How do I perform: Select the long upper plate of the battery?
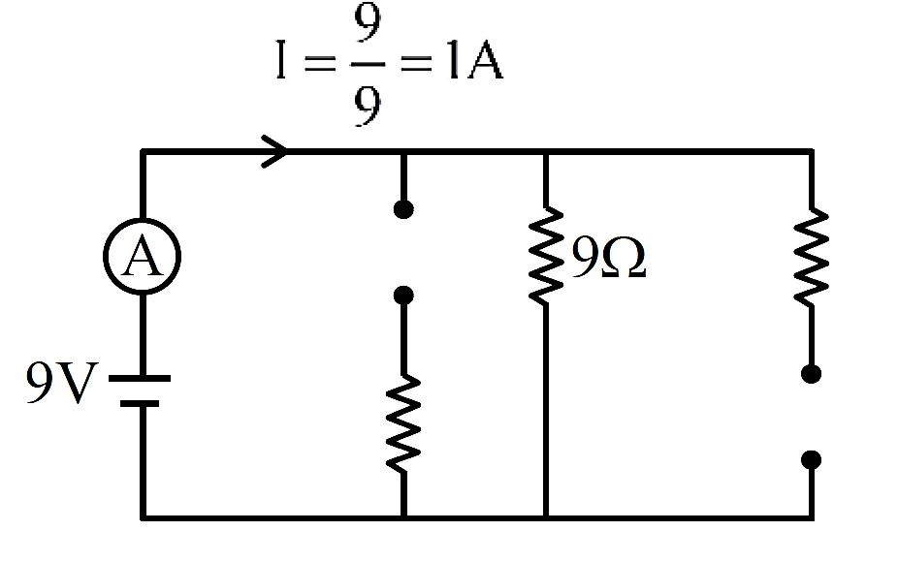coord(140,378)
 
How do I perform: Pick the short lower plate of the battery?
coord(140,403)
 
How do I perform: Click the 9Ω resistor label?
coord(609,258)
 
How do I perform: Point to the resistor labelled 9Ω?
coord(546,256)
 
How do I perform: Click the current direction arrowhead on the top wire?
coord(274,152)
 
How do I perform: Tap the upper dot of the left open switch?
coord(403,209)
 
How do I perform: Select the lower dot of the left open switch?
coord(403,296)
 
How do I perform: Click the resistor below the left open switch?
coord(403,423)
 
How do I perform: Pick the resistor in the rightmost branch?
coord(812,257)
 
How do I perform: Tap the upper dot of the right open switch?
coord(812,374)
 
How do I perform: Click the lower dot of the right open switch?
coord(812,459)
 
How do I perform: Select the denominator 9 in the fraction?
coord(368,106)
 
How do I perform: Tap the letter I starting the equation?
coord(280,59)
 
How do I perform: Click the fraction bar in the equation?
coord(368,64)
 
